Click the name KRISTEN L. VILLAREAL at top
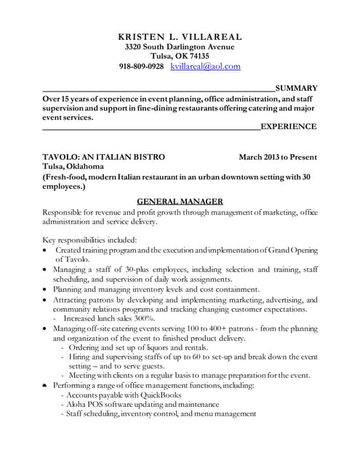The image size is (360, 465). (x=180, y=36)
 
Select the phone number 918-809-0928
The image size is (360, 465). (x=141, y=66)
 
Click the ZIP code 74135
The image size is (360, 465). (x=198, y=56)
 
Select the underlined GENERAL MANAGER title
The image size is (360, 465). (x=180, y=201)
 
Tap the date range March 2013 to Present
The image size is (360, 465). (x=277, y=157)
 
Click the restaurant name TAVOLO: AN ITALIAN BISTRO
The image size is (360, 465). (x=104, y=157)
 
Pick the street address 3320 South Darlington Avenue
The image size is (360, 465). (x=180, y=46)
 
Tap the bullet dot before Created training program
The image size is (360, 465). (x=46, y=250)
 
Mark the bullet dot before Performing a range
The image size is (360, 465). (x=46, y=384)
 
